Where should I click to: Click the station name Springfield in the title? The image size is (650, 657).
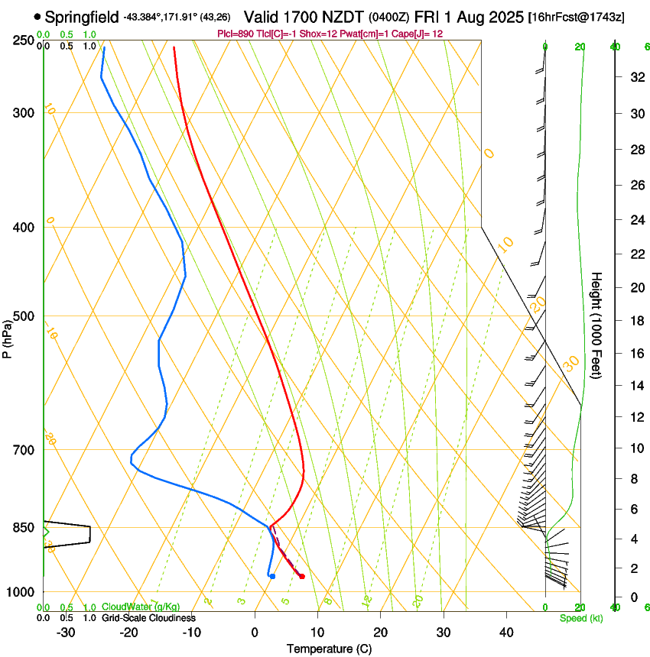tap(81, 16)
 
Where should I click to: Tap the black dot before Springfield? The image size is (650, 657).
tap(37, 16)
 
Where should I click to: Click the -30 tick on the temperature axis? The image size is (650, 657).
tap(66, 633)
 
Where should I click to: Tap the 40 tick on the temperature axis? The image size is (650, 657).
tap(505, 633)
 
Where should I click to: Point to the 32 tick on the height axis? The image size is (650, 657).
tap(636, 76)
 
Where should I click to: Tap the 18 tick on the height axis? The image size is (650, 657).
tap(636, 321)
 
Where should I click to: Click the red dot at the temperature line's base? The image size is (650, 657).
tap(302, 576)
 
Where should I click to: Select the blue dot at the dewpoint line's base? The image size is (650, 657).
tap(272, 576)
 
